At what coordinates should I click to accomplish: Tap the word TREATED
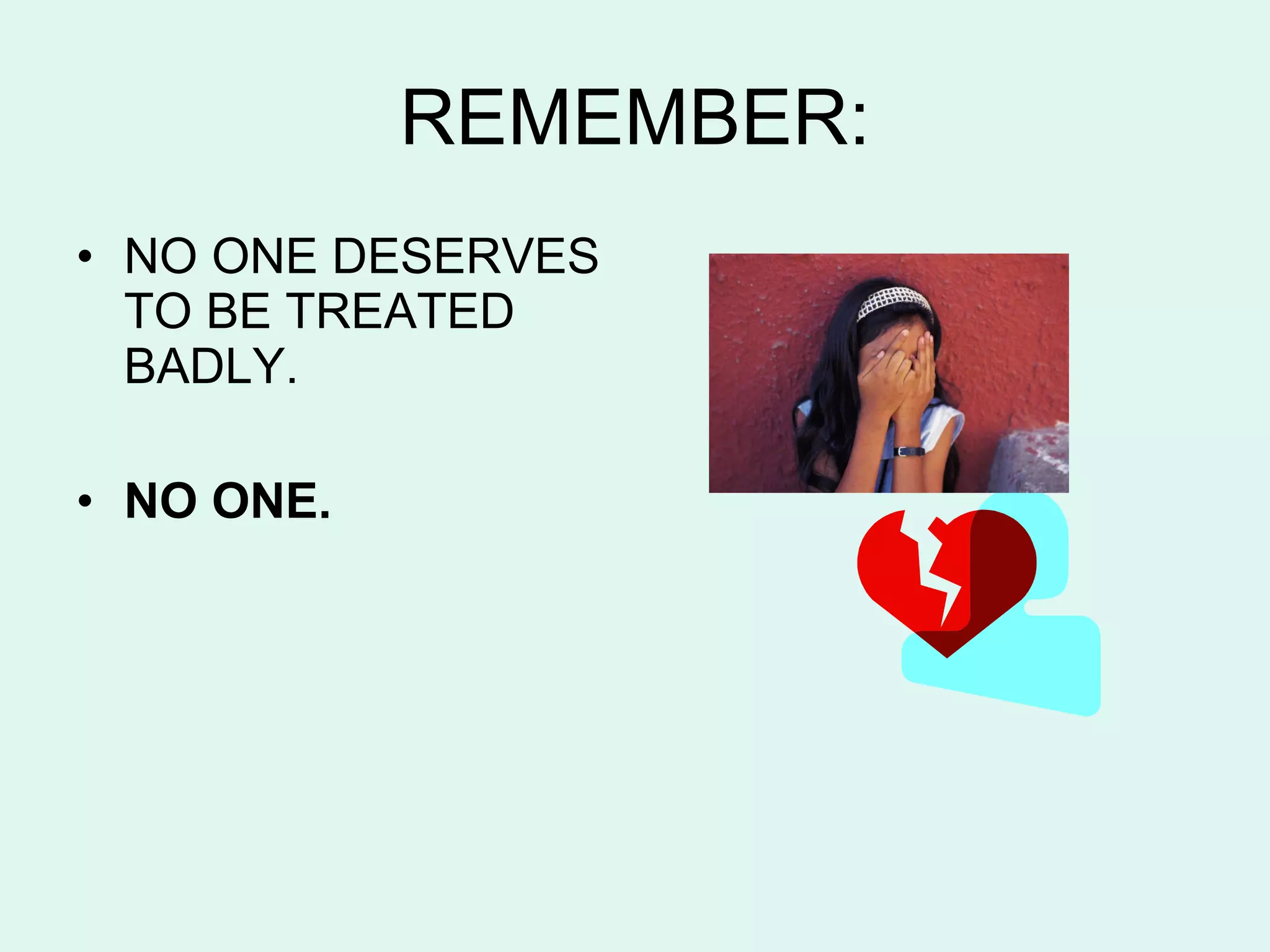399,311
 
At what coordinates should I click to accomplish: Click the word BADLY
205,366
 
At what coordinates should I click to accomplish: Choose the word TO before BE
158,311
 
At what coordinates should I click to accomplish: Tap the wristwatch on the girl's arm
908,451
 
